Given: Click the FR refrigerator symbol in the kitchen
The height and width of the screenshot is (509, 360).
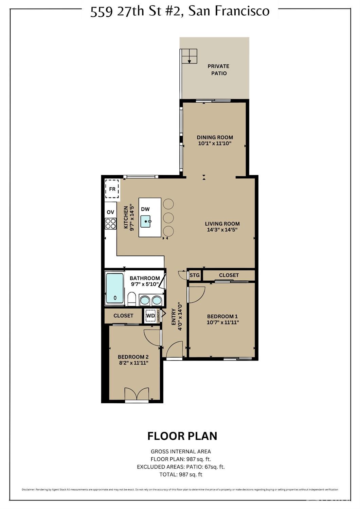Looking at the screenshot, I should (x=112, y=189).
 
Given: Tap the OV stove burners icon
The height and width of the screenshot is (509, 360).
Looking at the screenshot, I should (x=110, y=223).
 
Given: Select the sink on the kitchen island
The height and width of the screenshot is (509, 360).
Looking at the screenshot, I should (x=146, y=221).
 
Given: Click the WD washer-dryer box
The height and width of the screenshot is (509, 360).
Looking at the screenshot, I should (x=150, y=316).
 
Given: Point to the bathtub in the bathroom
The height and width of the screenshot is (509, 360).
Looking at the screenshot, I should (x=114, y=288).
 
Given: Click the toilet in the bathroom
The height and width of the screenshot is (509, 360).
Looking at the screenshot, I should (x=132, y=299).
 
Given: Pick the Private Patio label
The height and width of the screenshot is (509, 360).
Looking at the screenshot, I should (x=218, y=70).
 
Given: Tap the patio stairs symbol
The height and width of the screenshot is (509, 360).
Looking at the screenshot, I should (x=189, y=56).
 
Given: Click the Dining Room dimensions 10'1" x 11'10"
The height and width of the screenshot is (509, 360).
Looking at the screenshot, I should (x=215, y=143).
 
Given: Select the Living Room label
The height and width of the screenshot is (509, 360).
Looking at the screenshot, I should (x=222, y=224).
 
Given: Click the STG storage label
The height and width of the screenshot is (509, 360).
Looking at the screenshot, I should (x=195, y=275).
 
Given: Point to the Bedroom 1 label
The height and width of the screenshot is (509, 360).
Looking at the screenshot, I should (x=222, y=316).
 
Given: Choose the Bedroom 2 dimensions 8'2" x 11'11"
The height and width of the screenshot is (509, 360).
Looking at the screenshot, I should (x=133, y=363).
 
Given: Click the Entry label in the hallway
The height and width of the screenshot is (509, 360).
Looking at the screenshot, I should (x=174, y=317).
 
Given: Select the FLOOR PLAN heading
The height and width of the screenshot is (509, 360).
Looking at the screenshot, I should (x=182, y=436).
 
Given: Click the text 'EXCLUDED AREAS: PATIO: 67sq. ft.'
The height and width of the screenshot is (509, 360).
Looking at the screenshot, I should (x=181, y=467).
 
